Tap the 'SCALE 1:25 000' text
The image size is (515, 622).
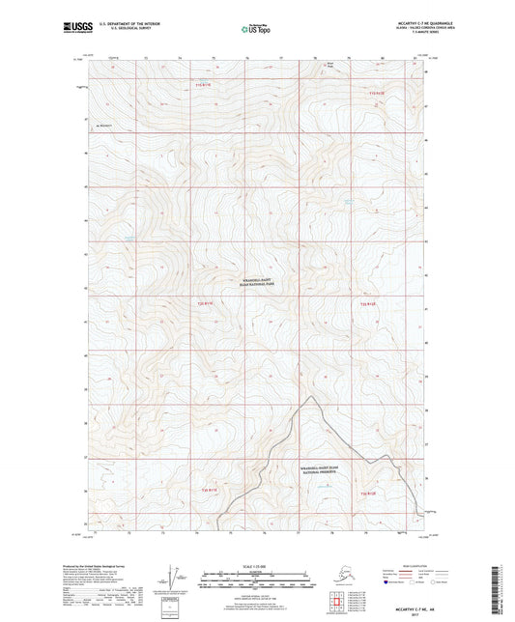257,567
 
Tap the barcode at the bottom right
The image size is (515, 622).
506,590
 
